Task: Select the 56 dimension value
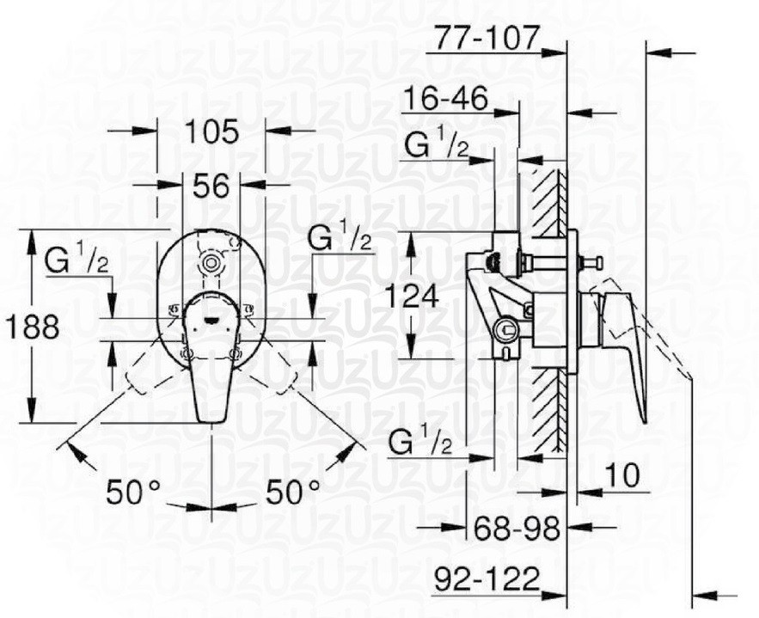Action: point(211,185)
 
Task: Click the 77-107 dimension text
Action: point(486,38)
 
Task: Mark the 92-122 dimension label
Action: point(486,576)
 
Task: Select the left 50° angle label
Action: point(133,493)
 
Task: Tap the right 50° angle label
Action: point(292,493)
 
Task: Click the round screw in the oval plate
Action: point(208,264)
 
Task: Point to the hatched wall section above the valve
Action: point(548,198)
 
